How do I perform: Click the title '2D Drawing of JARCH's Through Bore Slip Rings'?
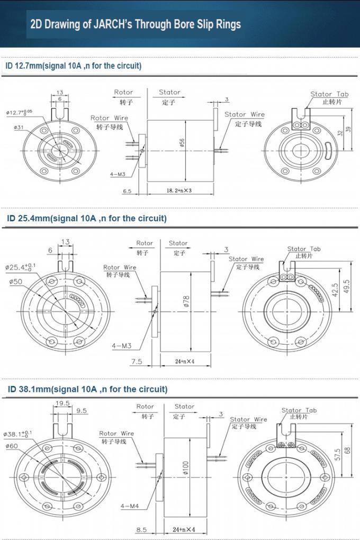(136, 24)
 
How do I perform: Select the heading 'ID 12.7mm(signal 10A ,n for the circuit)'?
(74, 66)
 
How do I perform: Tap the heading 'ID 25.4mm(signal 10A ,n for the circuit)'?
(86, 218)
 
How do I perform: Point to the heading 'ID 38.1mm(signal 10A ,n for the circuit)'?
(87, 389)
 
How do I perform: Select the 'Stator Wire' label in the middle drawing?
(246, 259)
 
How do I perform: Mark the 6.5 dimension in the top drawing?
(127, 191)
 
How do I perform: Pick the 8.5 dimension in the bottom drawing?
(141, 529)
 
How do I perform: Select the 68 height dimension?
(348, 450)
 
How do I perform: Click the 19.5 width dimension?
(61, 403)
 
